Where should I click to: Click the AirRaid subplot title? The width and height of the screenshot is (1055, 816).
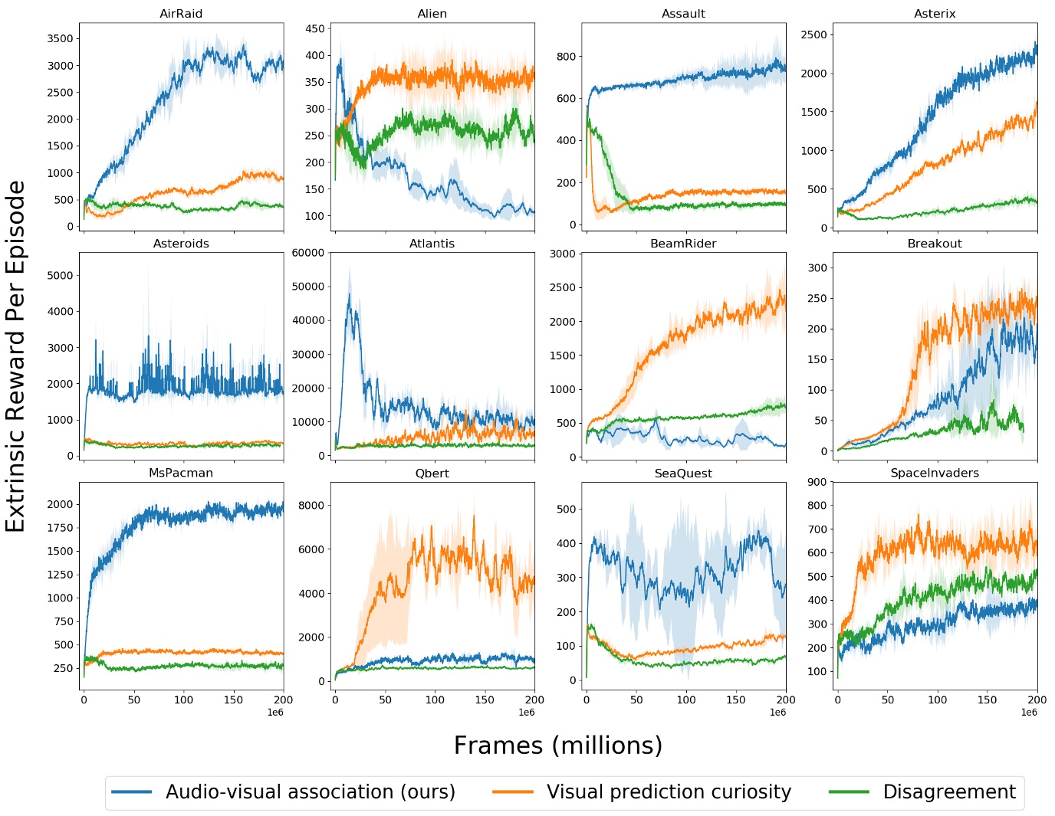(x=181, y=14)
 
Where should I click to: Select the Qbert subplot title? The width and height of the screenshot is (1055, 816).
(x=432, y=473)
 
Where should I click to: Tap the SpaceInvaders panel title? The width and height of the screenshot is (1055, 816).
(x=934, y=473)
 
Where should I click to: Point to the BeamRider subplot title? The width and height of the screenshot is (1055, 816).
(x=683, y=244)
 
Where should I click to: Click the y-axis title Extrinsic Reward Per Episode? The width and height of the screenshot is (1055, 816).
(x=16, y=356)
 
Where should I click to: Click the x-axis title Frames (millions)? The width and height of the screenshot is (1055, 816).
(x=557, y=745)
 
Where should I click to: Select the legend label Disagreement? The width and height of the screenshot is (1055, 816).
(x=948, y=791)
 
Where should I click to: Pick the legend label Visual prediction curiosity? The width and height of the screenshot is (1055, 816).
(x=668, y=791)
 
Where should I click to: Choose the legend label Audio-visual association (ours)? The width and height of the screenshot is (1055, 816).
(x=310, y=791)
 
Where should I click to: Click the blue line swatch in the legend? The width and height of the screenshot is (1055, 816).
(x=132, y=791)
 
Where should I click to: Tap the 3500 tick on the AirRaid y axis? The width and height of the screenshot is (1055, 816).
(x=60, y=38)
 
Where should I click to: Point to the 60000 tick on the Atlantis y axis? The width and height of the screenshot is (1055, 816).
(x=308, y=253)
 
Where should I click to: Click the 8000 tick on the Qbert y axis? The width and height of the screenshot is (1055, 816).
(x=311, y=505)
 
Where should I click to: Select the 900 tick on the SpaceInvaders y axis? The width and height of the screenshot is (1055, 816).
(x=817, y=482)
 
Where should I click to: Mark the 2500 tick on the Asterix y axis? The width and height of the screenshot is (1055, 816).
(x=813, y=34)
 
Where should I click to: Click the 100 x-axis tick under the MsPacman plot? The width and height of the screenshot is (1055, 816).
(x=183, y=699)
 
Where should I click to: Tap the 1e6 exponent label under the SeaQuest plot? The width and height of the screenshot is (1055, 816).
(x=777, y=713)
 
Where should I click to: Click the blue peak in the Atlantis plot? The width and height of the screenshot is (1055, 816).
(x=350, y=294)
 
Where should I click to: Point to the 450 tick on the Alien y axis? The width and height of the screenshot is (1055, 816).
(x=315, y=29)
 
